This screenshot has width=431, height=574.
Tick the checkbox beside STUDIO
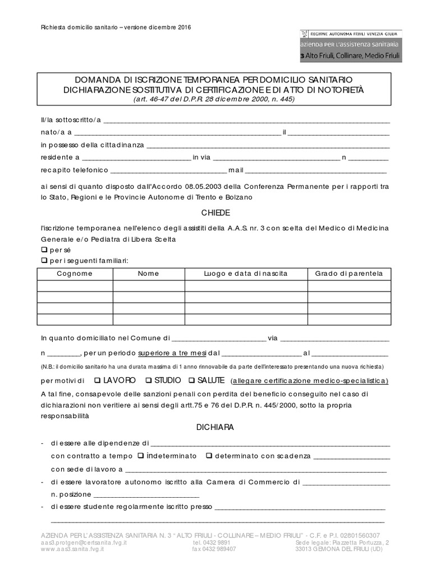(x=148, y=381)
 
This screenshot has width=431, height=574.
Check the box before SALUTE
(x=192, y=381)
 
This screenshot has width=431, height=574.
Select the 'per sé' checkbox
(x=44, y=249)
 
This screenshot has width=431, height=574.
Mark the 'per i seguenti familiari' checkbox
(x=44, y=261)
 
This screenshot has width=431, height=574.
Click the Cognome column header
(x=75, y=274)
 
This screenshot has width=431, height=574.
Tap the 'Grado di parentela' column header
(x=349, y=274)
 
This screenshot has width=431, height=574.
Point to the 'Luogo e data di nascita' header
(x=246, y=274)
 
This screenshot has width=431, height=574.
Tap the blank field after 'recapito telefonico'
(x=168, y=170)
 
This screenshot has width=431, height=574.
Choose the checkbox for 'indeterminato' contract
(x=140, y=456)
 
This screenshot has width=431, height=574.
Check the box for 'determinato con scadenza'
(x=208, y=456)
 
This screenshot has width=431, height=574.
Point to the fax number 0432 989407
(x=214, y=549)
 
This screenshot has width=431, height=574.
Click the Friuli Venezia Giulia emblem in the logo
(x=306, y=34)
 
